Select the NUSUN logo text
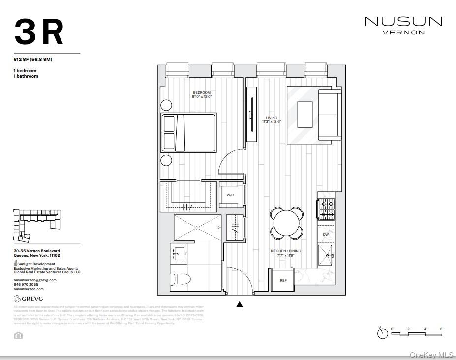[x=403, y=22]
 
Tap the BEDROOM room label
[x=202, y=93]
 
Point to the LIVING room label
[x=272, y=118]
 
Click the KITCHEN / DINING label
[x=286, y=251]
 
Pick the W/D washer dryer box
[x=230, y=195]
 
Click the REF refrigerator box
[x=283, y=280]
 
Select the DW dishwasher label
[x=326, y=235]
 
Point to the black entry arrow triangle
[x=240, y=304]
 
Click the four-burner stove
[x=327, y=209]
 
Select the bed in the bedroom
[x=188, y=133]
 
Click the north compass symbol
[x=382, y=333]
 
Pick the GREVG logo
[x=28, y=299]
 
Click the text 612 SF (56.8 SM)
[x=33, y=60]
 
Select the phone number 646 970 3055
[x=26, y=284]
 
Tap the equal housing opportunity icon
[x=18, y=335]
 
